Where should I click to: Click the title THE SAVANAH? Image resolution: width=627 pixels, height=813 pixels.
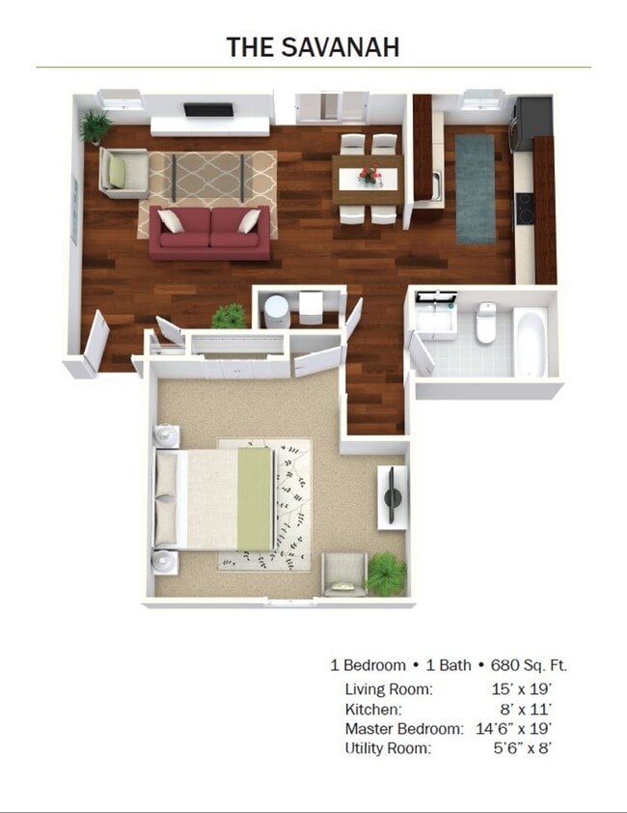(x=313, y=46)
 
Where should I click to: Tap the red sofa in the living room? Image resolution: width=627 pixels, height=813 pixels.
(x=209, y=233)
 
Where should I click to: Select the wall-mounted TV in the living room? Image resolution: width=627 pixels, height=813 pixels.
(x=208, y=110)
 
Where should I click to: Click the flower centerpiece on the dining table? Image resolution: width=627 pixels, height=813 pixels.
(x=369, y=175)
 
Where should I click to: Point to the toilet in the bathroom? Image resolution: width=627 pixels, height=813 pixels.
(x=486, y=323)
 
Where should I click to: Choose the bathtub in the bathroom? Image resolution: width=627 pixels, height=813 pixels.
(x=531, y=342)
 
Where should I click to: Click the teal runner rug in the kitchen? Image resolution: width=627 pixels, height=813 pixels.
(x=474, y=188)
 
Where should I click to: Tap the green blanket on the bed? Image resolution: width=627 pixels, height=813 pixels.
(x=256, y=498)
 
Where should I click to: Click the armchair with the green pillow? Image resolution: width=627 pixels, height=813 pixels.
(x=123, y=173)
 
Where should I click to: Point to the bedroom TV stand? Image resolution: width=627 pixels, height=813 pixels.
(x=392, y=497)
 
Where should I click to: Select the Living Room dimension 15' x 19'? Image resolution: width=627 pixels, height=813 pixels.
(x=520, y=689)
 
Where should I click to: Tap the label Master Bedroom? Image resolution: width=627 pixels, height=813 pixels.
(x=404, y=728)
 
